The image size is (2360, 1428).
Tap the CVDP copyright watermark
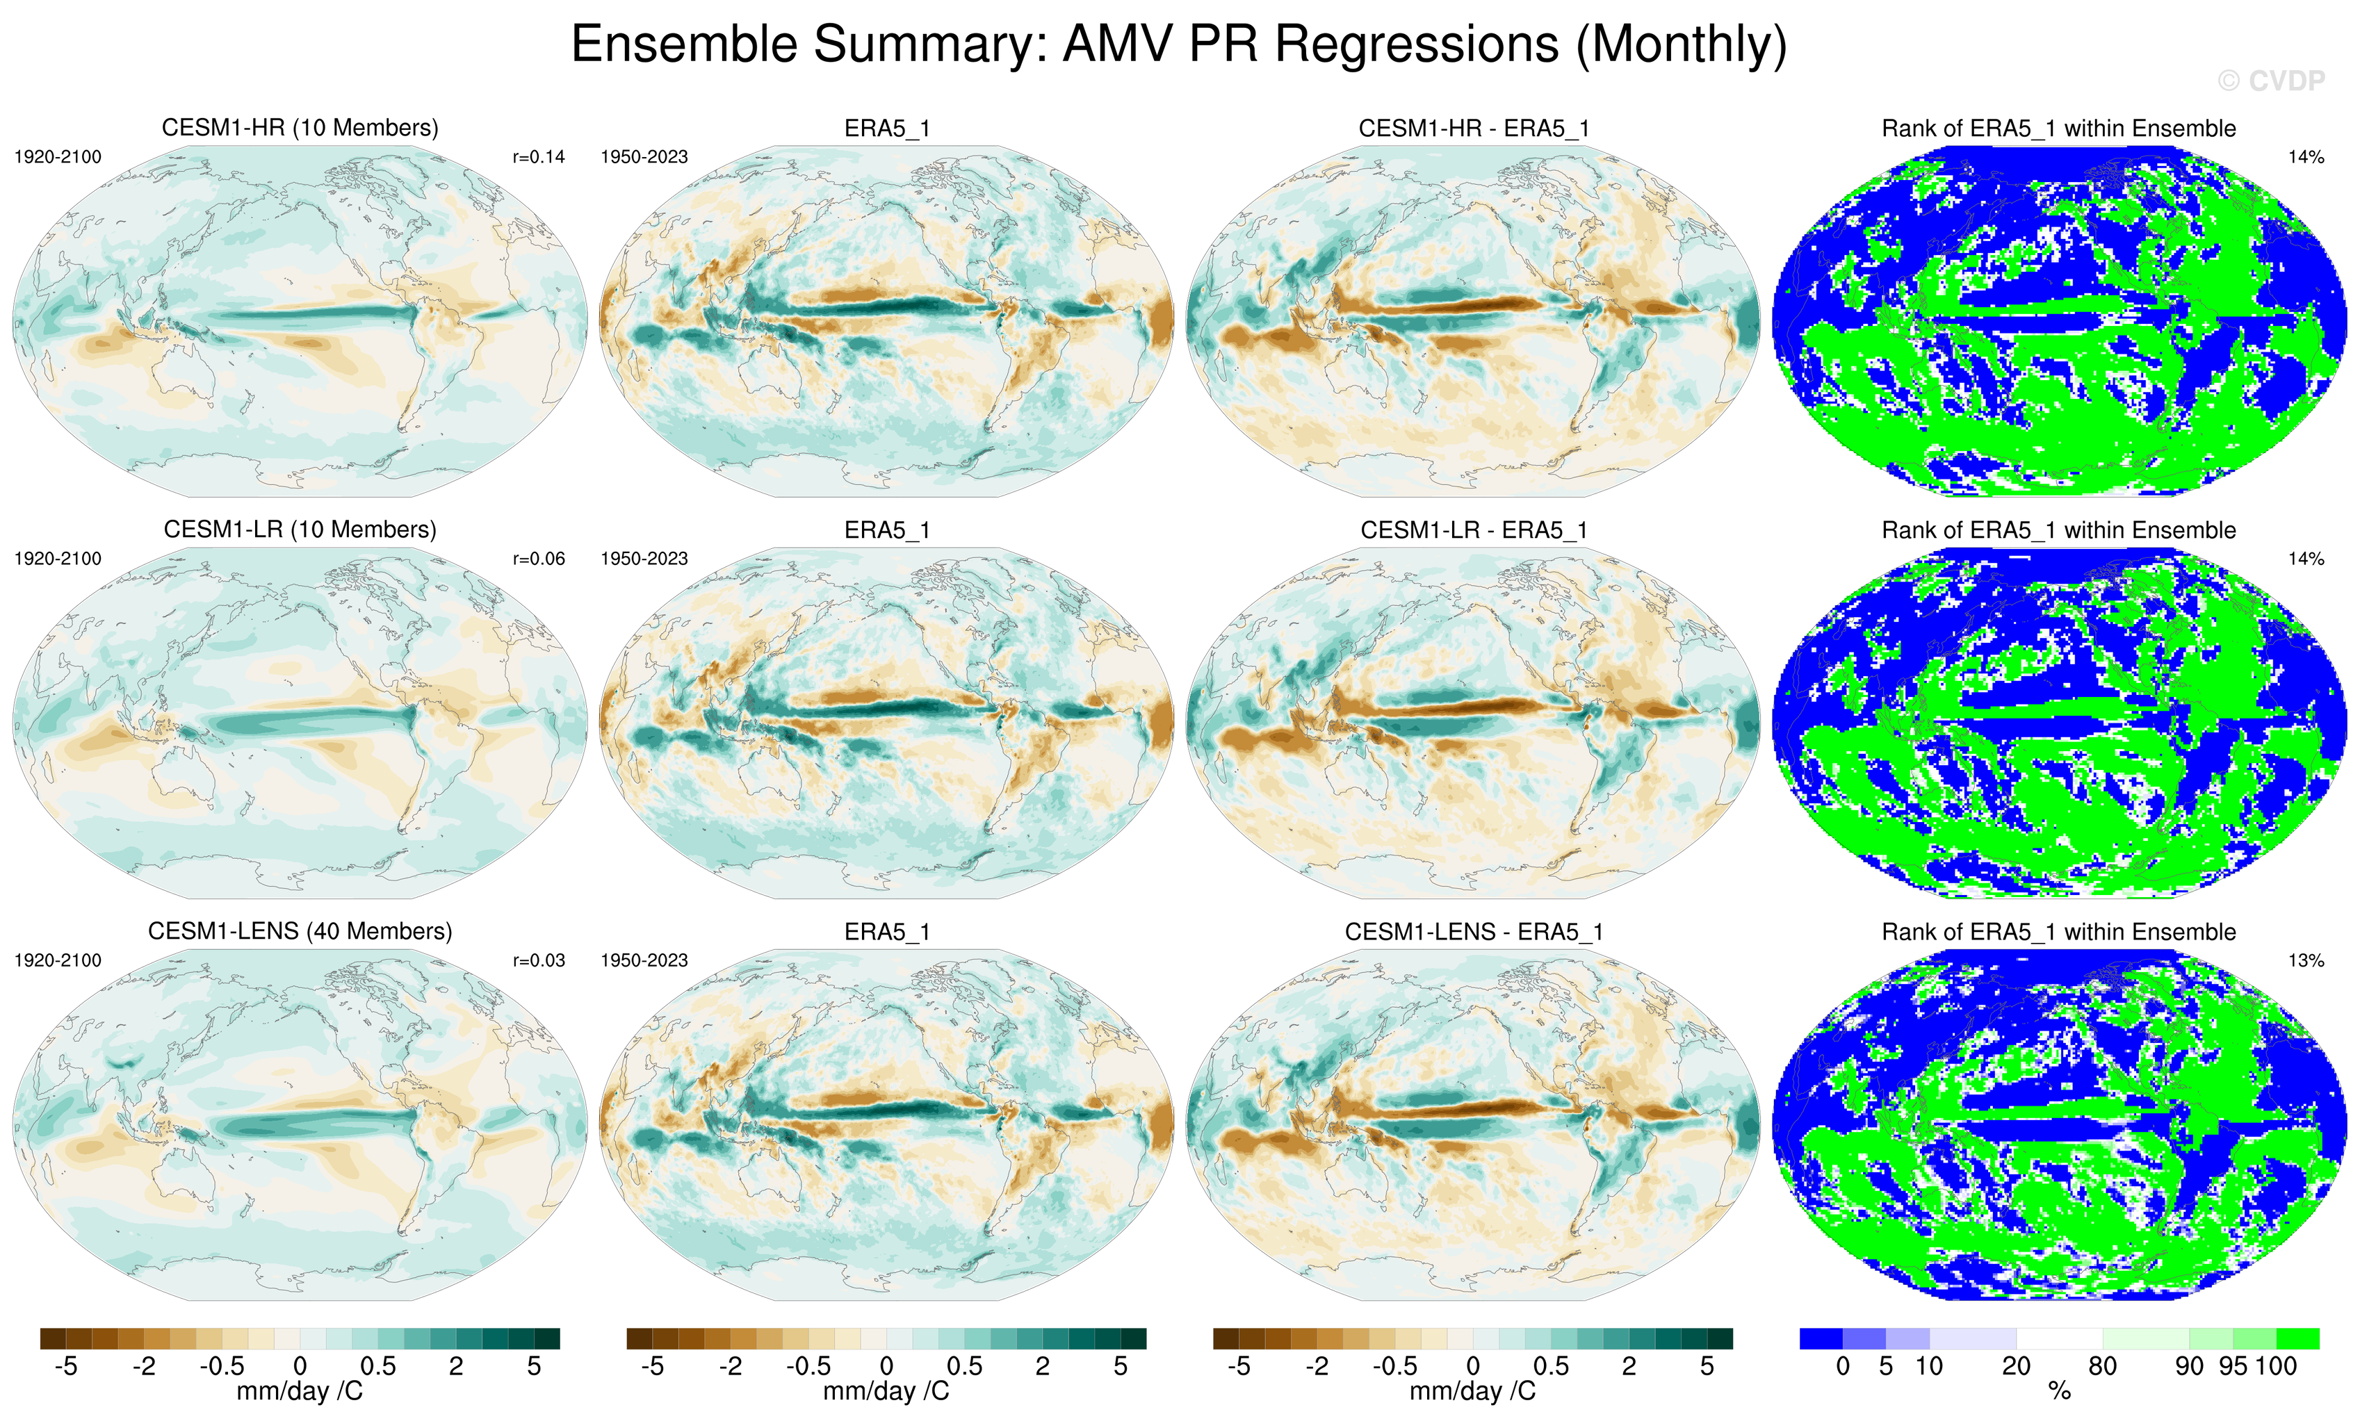pos(2271,81)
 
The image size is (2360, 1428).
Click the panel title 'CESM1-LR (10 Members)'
pos(300,530)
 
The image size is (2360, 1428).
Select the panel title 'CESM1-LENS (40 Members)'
pos(300,931)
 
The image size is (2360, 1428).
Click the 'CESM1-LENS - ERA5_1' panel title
pos(1473,932)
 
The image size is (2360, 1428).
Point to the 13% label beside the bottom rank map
pos(2305,960)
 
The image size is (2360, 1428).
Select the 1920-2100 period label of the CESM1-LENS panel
pos(58,960)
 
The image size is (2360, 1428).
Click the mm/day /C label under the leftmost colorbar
pos(300,1390)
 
